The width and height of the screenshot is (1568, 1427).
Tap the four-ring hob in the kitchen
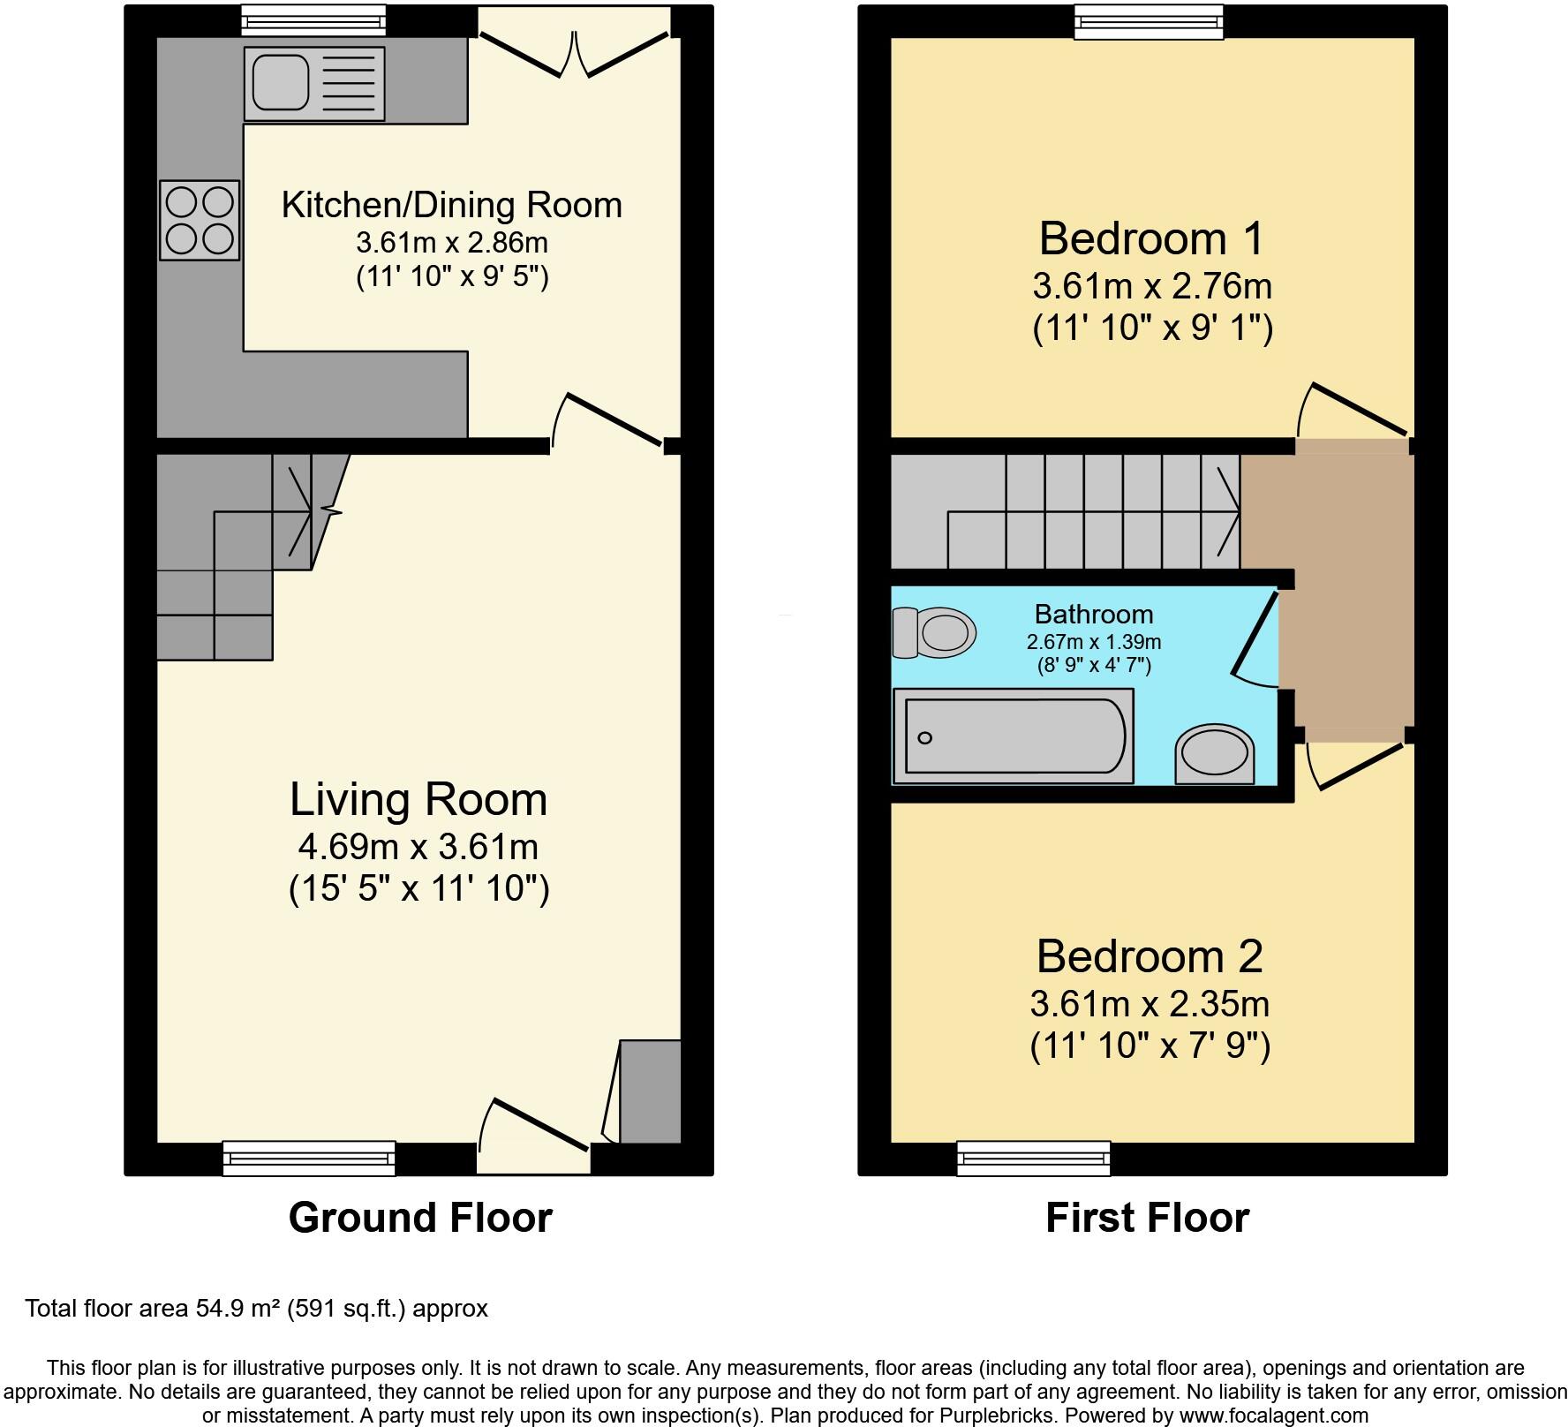click(200, 220)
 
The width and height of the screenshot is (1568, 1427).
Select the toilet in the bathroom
click(934, 632)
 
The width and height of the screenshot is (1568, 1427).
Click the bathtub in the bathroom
click(1014, 736)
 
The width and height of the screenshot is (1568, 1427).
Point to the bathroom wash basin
click(1215, 756)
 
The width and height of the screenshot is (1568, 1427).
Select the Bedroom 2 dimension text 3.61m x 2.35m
click(1150, 1004)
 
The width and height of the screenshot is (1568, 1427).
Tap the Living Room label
click(418, 799)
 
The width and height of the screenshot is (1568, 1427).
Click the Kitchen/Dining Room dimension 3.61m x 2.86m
click(452, 242)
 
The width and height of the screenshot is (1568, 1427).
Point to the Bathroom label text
click(1094, 614)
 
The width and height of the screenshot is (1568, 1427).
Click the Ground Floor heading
click(420, 1218)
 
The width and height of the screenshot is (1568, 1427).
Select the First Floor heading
click(1147, 1218)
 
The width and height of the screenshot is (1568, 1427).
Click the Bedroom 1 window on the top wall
click(1149, 21)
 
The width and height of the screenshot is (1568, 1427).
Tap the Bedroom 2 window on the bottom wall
click(1033, 1159)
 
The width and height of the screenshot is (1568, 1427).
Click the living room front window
click(309, 1159)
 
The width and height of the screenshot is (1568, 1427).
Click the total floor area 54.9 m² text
click(256, 1308)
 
